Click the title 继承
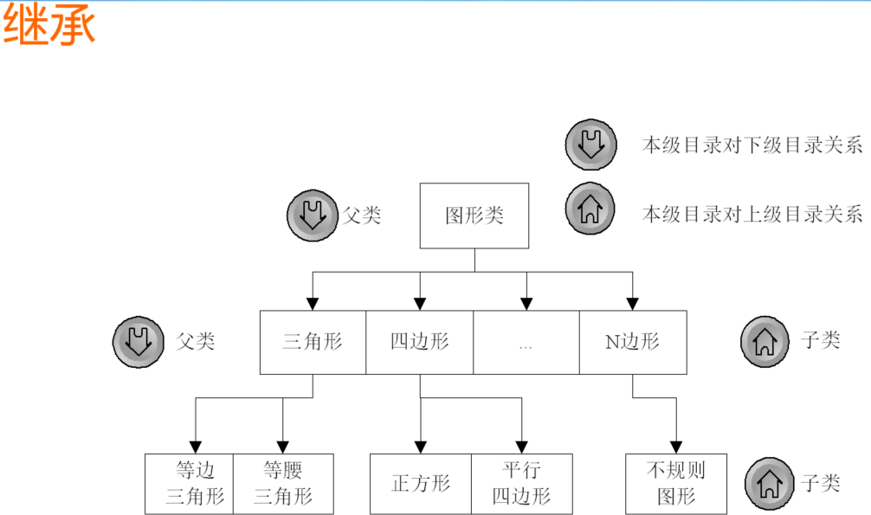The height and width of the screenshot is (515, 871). [x=48, y=26]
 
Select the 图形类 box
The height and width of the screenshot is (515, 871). [x=474, y=216]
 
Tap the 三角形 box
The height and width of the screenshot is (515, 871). [x=313, y=342]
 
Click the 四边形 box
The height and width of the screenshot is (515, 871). [x=420, y=342]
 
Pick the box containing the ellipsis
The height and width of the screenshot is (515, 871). [x=526, y=342]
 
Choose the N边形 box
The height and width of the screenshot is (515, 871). [x=633, y=342]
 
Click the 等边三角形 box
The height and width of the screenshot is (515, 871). [x=190, y=484]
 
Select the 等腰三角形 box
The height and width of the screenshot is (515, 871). [x=283, y=484]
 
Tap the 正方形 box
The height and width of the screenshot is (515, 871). [x=421, y=484]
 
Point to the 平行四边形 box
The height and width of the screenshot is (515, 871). [x=521, y=484]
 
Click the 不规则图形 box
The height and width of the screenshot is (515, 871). [x=676, y=484]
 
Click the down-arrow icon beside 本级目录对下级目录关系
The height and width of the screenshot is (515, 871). [x=590, y=144]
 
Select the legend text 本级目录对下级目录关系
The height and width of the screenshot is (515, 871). [x=752, y=145]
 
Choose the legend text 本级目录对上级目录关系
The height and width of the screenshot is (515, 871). [x=752, y=212]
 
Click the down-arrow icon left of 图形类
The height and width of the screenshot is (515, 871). [x=312, y=215]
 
